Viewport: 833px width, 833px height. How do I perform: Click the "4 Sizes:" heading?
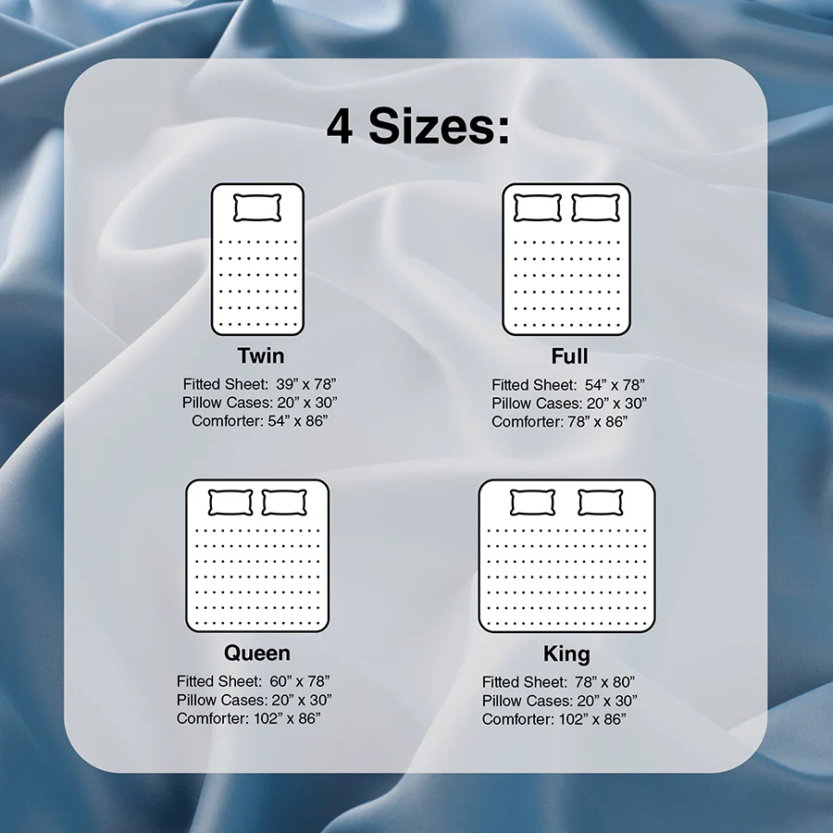(x=417, y=127)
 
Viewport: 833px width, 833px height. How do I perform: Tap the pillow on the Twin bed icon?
(x=256, y=207)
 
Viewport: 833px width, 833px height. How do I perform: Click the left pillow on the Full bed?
(x=537, y=207)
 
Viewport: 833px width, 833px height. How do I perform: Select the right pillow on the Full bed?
(x=594, y=207)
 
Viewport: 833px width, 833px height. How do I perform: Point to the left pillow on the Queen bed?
(x=230, y=503)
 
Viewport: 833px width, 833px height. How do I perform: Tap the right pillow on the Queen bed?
(x=284, y=503)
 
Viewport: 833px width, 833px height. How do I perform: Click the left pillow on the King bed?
(x=532, y=503)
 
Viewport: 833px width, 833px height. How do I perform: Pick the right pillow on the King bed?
(x=601, y=503)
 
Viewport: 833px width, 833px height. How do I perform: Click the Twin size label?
(x=260, y=356)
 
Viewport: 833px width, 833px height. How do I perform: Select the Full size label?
(x=569, y=356)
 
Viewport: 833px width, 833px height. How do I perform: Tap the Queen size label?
(x=257, y=653)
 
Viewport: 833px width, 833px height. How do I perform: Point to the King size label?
(x=566, y=654)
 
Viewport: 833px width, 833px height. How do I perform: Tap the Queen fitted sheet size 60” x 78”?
(x=300, y=681)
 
